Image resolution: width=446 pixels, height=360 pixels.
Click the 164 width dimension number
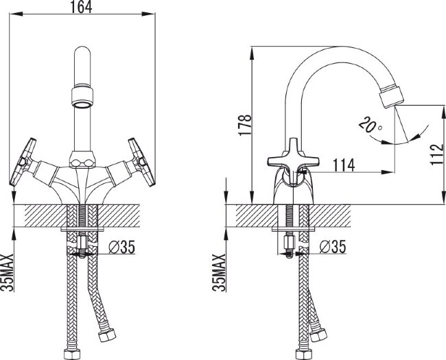pos(82,7)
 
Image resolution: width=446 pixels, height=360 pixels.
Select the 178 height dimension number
pos(245,125)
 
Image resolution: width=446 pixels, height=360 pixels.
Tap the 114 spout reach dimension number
pos(344,165)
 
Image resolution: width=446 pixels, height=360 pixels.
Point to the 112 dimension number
pos(436,154)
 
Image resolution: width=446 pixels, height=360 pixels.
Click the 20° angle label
pos(370,125)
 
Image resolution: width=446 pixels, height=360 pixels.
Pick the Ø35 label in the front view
pos(122,247)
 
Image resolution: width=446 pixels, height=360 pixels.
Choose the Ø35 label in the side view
pos(333,247)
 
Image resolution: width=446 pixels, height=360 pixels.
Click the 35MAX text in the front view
pos(7,272)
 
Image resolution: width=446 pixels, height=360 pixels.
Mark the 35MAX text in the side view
pos(219,272)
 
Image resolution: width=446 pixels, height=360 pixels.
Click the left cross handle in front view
pos(23,162)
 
